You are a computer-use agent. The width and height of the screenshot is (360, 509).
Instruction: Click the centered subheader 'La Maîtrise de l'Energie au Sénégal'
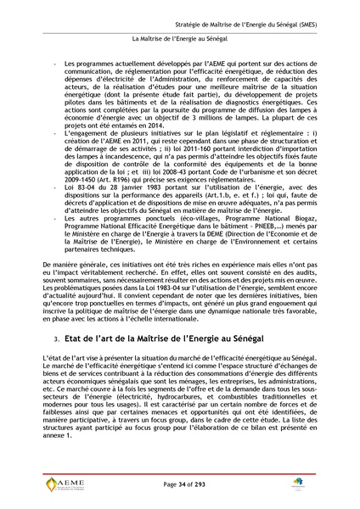pos(179,38)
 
